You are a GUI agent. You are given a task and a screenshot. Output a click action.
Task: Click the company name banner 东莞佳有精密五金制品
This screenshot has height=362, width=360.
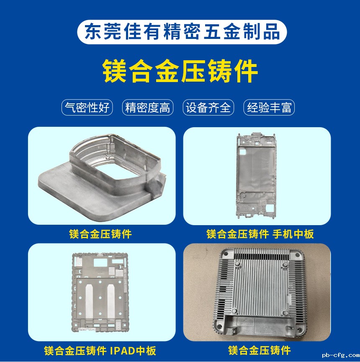click(182, 32)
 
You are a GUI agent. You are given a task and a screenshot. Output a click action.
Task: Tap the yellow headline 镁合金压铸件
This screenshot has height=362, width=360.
click(180, 71)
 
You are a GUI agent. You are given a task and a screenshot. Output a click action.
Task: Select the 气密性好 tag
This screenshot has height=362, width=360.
click(87, 108)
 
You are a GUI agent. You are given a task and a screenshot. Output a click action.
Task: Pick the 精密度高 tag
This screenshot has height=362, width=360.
click(147, 108)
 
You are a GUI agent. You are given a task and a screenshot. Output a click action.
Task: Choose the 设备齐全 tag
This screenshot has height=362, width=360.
click(208, 108)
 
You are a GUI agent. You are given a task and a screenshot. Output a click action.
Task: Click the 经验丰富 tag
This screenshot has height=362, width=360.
click(269, 108)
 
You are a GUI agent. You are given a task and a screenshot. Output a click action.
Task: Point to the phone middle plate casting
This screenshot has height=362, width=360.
click(256, 176)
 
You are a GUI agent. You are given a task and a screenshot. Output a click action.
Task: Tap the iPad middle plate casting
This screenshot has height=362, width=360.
click(100, 292)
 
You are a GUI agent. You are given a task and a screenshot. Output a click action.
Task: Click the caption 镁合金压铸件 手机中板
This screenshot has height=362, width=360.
click(260, 234)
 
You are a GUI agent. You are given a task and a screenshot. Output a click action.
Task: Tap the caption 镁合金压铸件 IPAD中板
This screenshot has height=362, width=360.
click(100, 350)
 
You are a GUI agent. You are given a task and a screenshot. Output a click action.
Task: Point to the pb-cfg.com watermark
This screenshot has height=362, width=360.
click(341, 355)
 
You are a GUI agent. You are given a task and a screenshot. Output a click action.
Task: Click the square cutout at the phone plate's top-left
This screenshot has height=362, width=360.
click(243, 152)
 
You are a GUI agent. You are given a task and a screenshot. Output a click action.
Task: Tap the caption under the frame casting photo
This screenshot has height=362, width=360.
click(100, 234)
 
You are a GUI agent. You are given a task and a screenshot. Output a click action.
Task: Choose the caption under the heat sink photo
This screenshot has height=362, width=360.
click(259, 350)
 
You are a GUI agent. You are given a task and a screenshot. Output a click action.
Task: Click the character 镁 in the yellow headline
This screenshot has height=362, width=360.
click(114, 71)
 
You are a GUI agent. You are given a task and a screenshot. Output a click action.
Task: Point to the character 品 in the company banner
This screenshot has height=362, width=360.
click(272, 32)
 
